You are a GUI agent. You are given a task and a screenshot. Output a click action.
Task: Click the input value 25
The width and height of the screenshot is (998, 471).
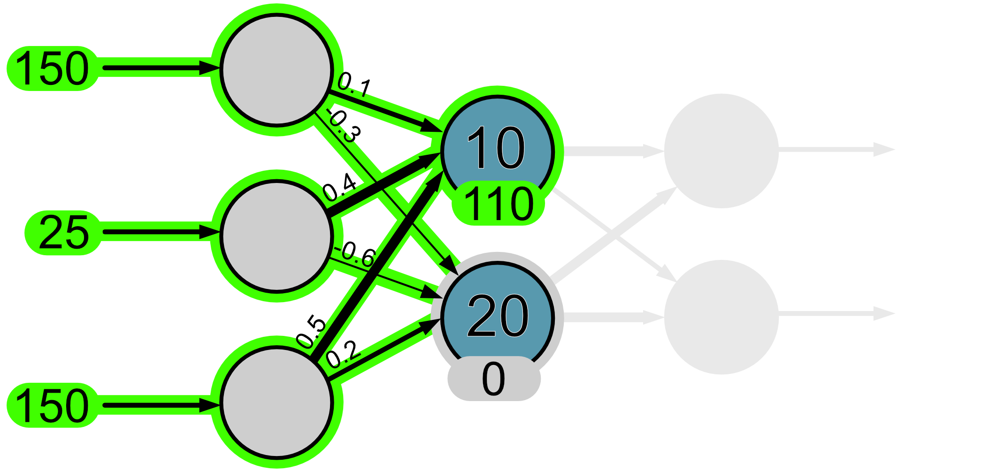(63, 232)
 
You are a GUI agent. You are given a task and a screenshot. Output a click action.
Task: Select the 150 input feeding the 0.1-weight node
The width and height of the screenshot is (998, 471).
(52, 68)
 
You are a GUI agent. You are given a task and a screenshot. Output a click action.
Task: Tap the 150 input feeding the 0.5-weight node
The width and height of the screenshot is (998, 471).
(52, 405)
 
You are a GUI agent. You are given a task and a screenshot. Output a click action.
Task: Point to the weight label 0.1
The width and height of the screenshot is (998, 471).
(354, 85)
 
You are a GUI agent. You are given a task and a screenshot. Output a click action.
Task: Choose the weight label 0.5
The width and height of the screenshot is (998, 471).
(312, 332)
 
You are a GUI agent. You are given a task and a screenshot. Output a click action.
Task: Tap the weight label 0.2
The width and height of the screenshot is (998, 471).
(343, 354)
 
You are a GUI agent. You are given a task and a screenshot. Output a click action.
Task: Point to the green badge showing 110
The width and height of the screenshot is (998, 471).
(498, 204)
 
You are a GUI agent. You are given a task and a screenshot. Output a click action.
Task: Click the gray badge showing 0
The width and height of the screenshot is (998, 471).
(494, 379)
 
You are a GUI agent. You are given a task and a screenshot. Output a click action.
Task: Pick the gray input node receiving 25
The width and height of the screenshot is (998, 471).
(276, 236)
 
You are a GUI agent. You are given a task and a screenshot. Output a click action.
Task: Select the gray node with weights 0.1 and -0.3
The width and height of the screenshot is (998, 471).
(276, 70)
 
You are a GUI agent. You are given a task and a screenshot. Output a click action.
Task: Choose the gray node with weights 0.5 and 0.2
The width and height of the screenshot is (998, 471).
(276, 402)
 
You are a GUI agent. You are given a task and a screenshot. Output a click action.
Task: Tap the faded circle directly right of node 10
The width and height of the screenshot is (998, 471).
(722, 151)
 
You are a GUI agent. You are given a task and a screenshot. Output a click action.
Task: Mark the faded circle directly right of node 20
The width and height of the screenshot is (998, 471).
(722, 317)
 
